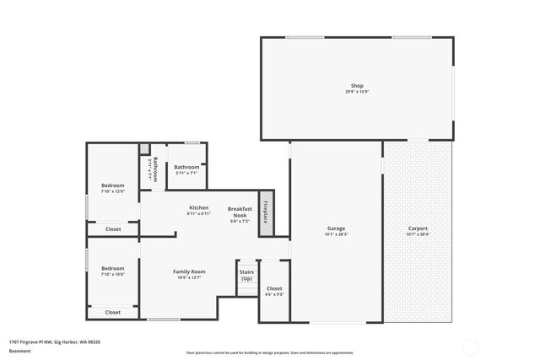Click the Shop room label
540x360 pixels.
click(358, 85)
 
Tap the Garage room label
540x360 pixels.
click(336, 228)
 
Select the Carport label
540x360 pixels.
click(417, 228)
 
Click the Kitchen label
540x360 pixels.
click(198, 207)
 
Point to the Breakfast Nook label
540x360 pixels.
click(240, 212)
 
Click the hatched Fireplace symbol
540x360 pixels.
click(265, 211)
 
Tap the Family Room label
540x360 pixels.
click(189, 271)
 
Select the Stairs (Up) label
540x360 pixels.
click(247, 275)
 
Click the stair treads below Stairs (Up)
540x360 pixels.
click(247, 289)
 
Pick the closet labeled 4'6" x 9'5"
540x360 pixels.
click(274, 291)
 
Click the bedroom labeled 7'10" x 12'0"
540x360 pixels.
click(113, 188)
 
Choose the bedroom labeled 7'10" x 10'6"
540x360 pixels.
click(113, 271)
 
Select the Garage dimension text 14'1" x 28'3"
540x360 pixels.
click(336, 234)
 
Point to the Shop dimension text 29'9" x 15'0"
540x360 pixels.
click(358, 91)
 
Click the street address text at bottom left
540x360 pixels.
click(55, 341)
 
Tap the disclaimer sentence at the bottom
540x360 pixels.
click(270, 352)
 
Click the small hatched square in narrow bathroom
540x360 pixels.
click(144, 149)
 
